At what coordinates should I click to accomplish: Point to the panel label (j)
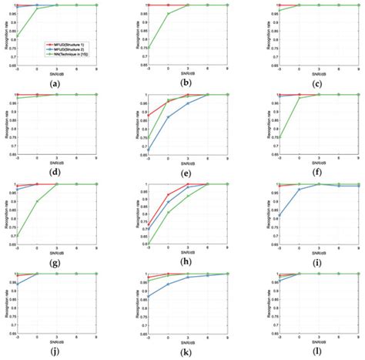point(55,352)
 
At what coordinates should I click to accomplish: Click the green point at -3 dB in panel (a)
point(17,35)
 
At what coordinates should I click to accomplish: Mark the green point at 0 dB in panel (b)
point(169,14)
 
